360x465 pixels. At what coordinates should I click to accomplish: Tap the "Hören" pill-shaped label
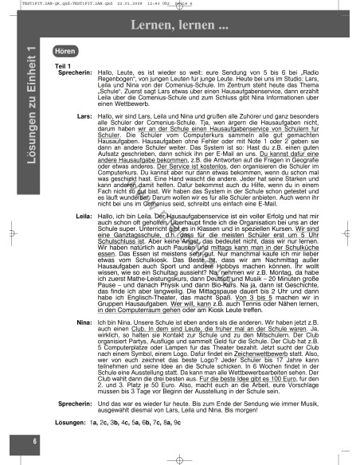click(x=70, y=50)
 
